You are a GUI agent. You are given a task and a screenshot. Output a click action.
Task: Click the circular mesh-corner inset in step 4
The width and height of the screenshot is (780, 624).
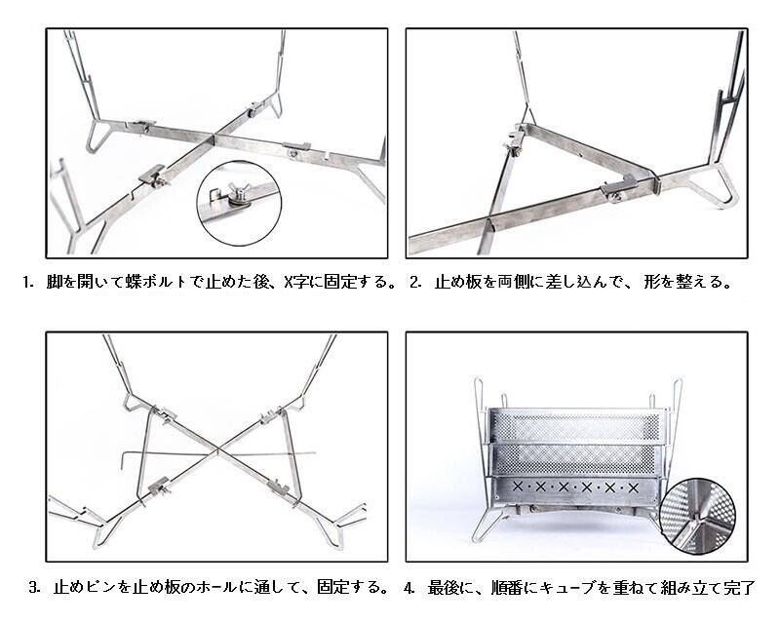[699, 516]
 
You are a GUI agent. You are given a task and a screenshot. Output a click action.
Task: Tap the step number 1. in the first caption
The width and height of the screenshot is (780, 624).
[29, 284]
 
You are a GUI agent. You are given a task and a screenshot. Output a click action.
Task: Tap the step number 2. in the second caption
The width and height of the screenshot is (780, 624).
[416, 284]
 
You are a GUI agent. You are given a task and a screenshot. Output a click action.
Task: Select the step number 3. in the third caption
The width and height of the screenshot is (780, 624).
[34, 588]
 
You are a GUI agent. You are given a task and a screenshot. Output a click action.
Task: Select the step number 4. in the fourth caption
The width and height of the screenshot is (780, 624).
[410, 588]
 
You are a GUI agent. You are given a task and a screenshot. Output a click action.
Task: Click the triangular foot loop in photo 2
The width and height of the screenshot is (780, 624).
[719, 187]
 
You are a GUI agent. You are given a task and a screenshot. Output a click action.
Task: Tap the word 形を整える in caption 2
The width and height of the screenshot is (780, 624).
[687, 284]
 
